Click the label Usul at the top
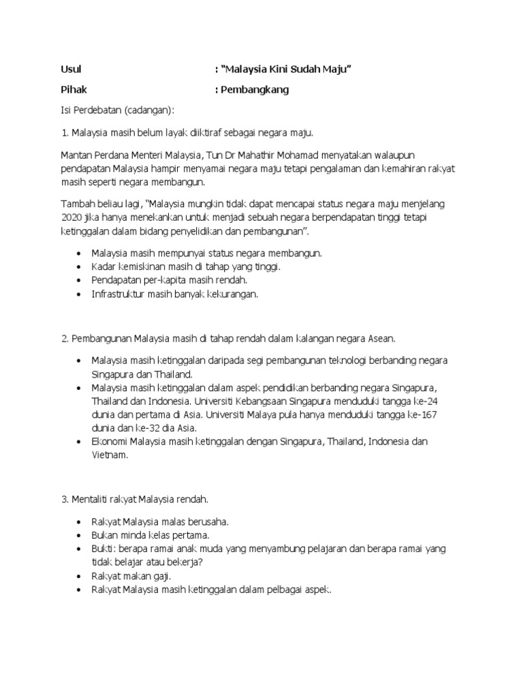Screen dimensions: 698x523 72,70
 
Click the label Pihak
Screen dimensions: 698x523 74,89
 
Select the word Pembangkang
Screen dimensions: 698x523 254,89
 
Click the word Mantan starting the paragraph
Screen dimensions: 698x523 76,155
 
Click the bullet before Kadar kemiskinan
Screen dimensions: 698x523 80,267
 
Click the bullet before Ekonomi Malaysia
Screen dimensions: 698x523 80,442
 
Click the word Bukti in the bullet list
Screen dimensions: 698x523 104,548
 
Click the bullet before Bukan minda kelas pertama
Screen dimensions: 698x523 80,535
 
